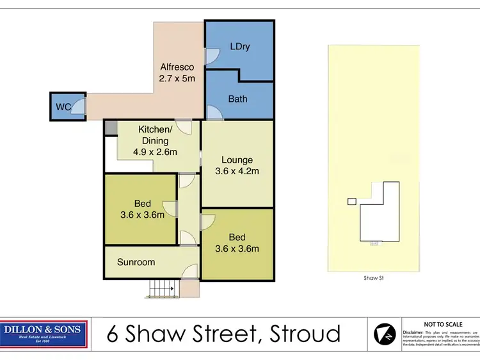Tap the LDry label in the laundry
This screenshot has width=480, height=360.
click(x=239, y=46)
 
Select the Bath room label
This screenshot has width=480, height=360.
click(x=237, y=99)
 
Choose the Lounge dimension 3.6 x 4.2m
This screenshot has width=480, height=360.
click(x=237, y=171)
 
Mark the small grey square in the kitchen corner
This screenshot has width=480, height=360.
click(x=111, y=128)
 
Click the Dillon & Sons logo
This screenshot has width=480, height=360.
click(x=43, y=334)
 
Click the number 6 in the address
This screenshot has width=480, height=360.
click(x=114, y=334)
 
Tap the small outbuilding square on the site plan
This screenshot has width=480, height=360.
click(x=351, y=201)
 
